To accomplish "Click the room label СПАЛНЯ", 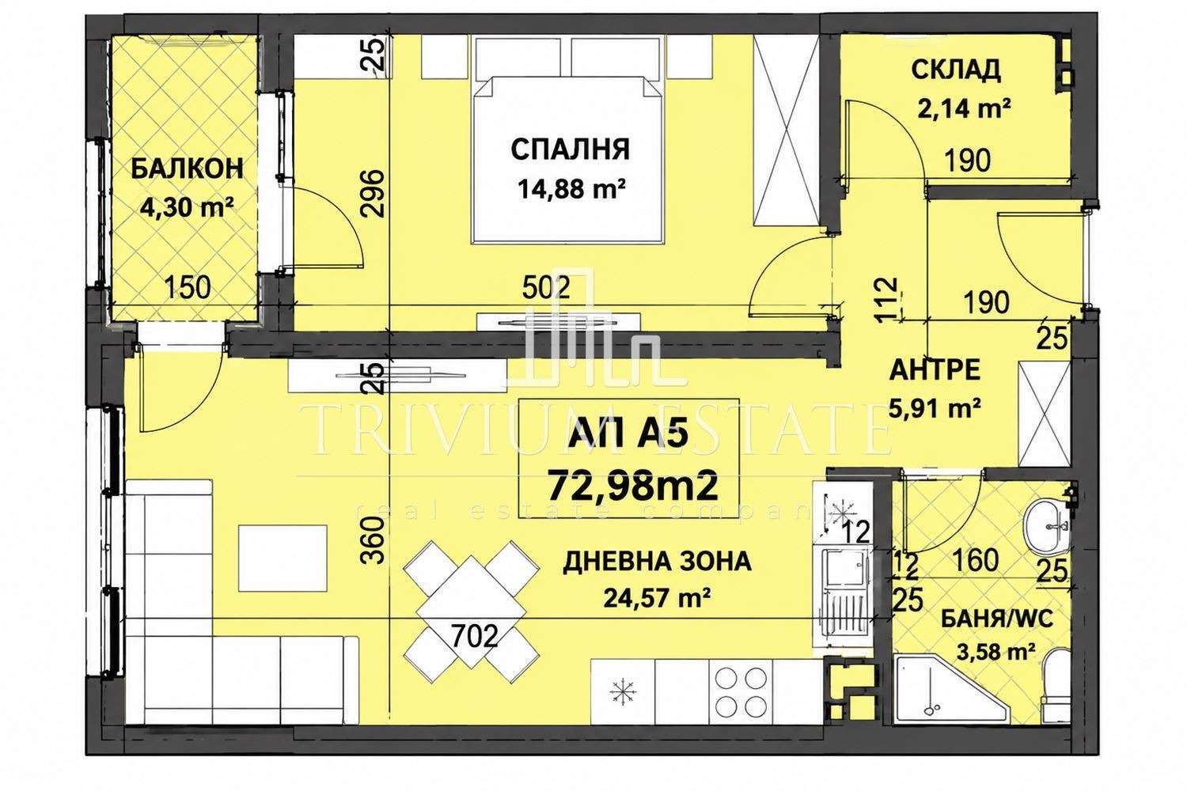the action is [x=571, y=149].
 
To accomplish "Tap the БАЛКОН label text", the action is [x=187, y=169].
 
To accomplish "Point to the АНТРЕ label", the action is [x=935, y=370].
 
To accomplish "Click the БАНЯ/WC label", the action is [x=990, y=619].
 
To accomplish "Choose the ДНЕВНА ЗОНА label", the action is [x=657, y=562].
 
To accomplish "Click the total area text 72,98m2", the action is [x=633, y=486].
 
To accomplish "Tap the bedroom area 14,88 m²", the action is [x=571, y=188].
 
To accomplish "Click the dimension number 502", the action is [x=546, y=288].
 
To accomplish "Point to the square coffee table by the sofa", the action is [x=283, y=558].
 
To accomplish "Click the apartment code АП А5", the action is [x=629, y=436].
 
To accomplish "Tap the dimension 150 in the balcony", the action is [x=188, y=288].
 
